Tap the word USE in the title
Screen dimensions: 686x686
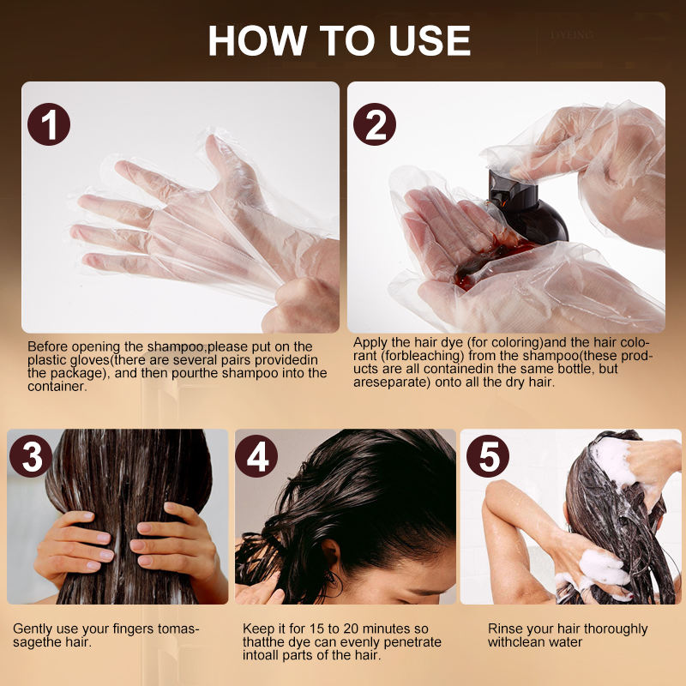[x=430, y=40]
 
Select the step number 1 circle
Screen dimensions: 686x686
[x=49, y=124]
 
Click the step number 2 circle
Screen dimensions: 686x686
[x=375, y=124]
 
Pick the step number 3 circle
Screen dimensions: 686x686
[x=31, y=456]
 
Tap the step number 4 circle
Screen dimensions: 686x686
[x=256, y=456]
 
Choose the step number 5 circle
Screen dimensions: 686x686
[x=488, y=456]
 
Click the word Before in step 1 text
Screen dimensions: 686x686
[x=48, y=346]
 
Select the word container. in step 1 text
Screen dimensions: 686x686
[x=57, y=387]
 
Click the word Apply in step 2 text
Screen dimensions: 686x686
[x=369, y=342]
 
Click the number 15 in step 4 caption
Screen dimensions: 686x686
[x=316, y=629]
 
